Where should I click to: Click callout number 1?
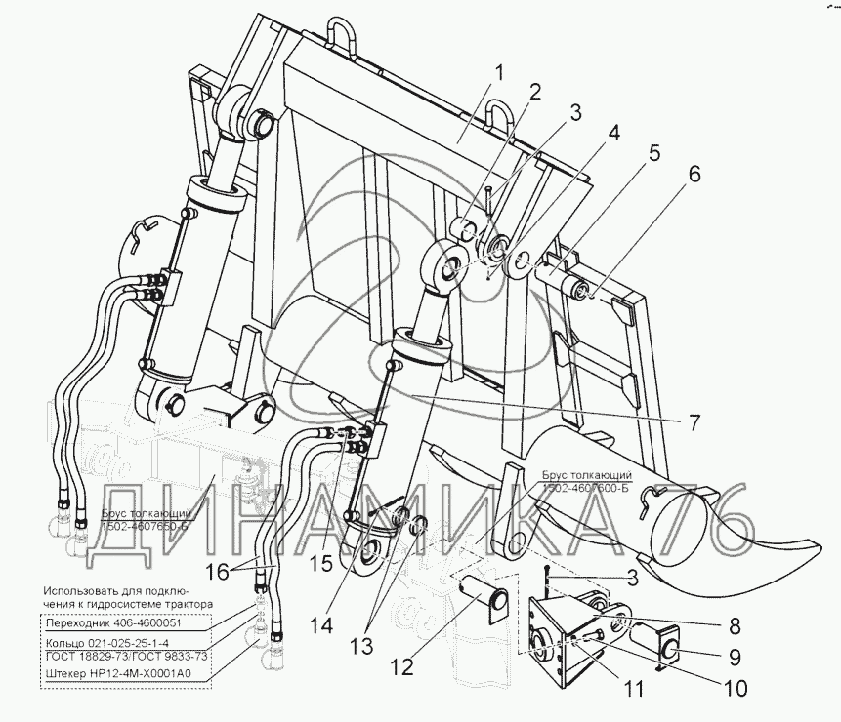click(498, 73)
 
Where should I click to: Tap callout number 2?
click(534, 93)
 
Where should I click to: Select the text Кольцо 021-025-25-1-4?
click(105, 642)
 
